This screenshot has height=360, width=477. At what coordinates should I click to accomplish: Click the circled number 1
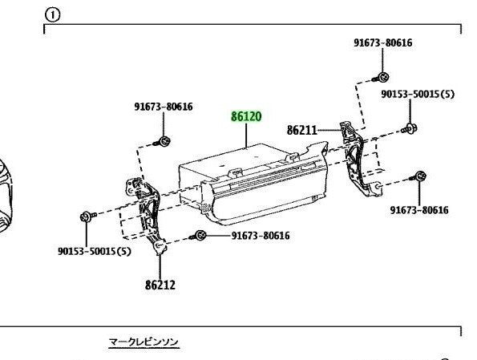click(x=52, y=14)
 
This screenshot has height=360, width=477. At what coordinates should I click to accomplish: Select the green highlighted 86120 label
click(x=246, y=116)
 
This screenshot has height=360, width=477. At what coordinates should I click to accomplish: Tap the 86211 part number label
click(x=301, y=130)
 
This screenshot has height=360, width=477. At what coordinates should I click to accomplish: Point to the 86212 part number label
click(x=160, y=285)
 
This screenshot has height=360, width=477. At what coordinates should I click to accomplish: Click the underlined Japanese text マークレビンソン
click(x=144, y=342)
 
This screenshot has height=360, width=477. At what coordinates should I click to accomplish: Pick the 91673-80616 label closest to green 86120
click(x=164, y=107)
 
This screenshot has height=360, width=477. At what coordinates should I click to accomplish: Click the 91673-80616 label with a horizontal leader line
click(x=261, y=236)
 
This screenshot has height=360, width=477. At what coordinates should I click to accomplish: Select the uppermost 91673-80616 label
click(x=383, y=42)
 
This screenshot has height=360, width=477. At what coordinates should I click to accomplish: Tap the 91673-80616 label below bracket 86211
click(x=419, y=210)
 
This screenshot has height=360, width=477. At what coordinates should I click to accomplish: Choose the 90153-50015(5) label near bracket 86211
click(x=418, y=94)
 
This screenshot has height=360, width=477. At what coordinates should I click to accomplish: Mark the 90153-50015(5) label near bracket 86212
click(x=95, y=252)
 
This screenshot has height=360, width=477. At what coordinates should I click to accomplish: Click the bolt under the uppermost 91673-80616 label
click(x=381, y=77)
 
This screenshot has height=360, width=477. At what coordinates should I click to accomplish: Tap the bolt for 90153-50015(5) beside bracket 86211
click(x=410, y=129)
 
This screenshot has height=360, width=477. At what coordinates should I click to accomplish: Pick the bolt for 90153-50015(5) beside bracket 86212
click(x=88, y=216)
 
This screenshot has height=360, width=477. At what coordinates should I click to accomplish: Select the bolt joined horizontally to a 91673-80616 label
click(x=198, y=236)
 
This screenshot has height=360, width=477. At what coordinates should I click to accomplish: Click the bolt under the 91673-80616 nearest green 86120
click(x=163, y=141)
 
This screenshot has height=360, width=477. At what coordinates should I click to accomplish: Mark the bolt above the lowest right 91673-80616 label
click(x=418, y=176)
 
